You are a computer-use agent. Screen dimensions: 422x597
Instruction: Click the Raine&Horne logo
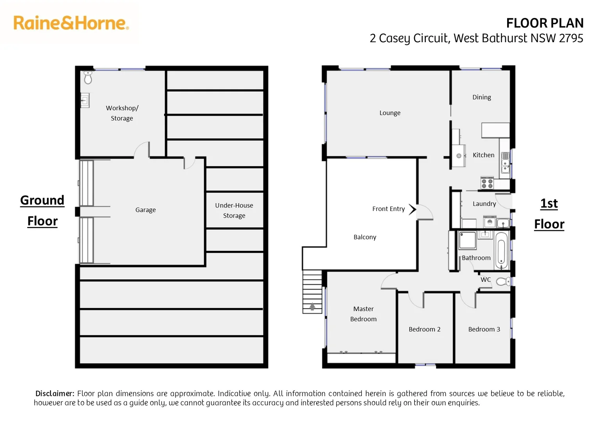71,23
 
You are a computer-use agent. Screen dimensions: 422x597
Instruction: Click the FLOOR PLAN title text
544,23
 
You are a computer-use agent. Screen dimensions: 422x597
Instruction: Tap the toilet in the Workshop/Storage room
88,77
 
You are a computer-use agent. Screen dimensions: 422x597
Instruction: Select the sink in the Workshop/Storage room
85,100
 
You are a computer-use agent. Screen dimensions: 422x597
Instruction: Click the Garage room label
145,210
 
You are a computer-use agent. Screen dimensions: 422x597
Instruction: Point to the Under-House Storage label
234,210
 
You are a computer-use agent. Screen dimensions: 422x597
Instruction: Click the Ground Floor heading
42,211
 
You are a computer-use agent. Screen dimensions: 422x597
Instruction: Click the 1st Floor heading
549,214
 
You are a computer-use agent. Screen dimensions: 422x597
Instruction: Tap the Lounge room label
390,113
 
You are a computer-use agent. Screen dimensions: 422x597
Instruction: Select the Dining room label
481,97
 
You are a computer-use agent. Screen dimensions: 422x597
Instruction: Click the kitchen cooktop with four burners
487,183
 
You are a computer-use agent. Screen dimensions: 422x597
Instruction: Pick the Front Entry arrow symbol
412,209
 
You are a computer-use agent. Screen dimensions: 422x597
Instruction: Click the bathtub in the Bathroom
501,250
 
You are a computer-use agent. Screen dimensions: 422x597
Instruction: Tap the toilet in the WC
503,281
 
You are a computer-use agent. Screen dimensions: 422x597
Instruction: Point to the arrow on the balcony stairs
312,307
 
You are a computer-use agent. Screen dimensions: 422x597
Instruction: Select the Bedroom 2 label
424,329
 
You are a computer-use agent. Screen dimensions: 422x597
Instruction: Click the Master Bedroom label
363,314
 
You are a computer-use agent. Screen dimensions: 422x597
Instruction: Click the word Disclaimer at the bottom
55,393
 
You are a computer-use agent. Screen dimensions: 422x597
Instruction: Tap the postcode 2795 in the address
571,38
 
